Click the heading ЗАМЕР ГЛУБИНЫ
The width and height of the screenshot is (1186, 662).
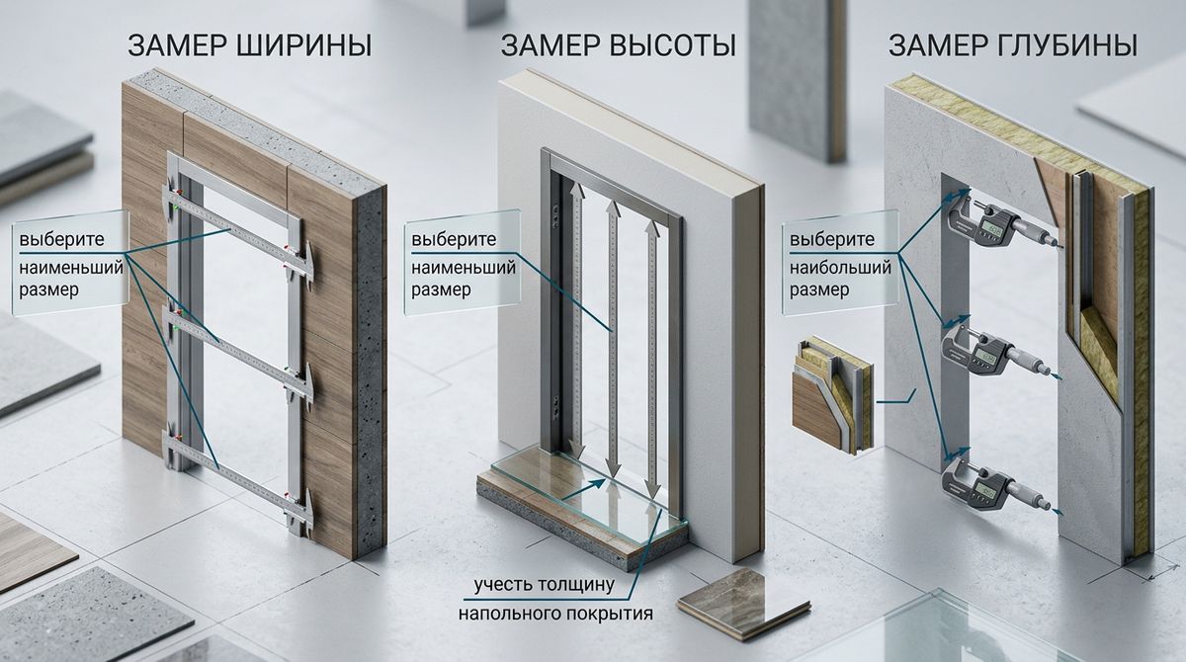[1012, 45]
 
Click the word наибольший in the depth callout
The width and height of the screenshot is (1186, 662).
[841, 267]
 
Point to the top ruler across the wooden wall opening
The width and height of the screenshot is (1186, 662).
[242, 233]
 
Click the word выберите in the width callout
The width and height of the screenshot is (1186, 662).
[60, 240]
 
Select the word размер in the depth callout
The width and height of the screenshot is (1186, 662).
[819, 291]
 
